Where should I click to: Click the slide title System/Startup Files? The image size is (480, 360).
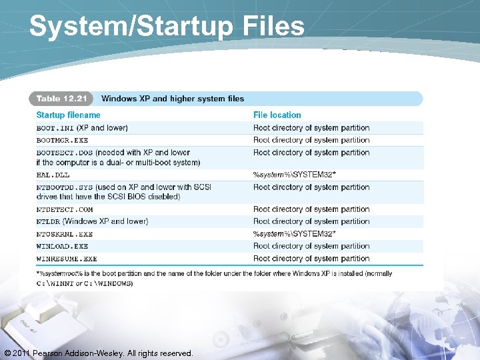click(167, 27)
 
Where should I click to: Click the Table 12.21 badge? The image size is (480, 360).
click(61, 99)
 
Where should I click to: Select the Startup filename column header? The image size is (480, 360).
click(68, 115)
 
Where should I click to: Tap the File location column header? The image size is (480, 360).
click(277, 115)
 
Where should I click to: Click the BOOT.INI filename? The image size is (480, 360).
click(55, 128)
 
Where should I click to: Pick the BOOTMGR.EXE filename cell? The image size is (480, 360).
click(62, 141)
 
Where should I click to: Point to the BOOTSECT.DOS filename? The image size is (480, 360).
click(64, 153)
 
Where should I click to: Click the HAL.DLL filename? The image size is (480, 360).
click(52, 175)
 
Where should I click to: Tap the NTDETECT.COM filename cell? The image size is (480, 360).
click(64, 209)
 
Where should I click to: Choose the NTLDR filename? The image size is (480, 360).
click(48, 221)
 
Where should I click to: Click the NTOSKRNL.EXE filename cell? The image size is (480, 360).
click(64, 234)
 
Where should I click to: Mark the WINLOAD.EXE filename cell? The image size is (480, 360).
click(62, 247)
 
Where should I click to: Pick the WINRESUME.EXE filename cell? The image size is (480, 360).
click(66, 259)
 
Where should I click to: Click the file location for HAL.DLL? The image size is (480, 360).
click(294, 175)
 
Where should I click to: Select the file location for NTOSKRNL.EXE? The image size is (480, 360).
click(294, 234)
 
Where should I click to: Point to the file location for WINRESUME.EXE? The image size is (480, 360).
click(311, 259)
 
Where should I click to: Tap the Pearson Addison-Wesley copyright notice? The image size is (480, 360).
click(99, 353)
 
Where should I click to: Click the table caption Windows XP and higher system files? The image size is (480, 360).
click(173, 99)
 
